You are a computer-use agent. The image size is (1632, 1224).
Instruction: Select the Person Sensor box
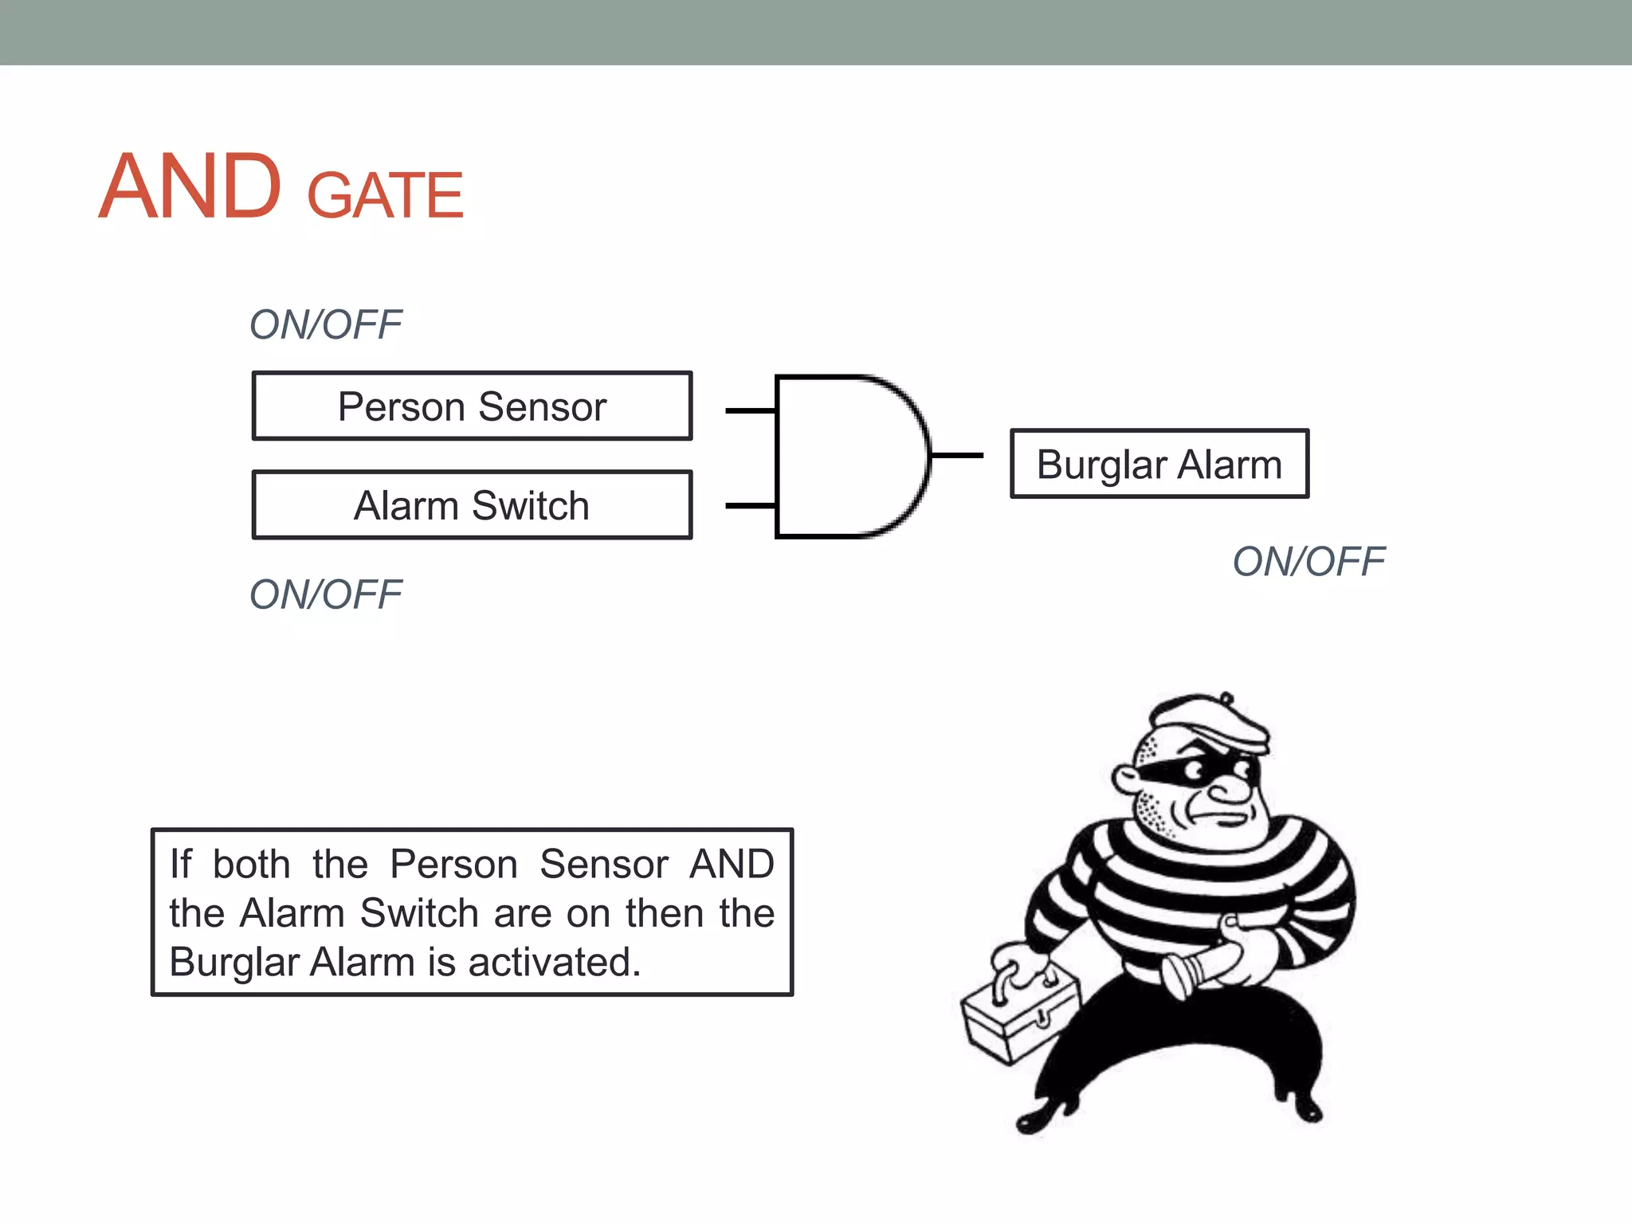click(x=472, y=406)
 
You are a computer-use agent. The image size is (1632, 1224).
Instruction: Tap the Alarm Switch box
click(x=472, y=505)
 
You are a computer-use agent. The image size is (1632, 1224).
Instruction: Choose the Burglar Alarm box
click(x=1159, y=464)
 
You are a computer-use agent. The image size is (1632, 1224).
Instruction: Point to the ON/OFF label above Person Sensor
click(x=325, y=324)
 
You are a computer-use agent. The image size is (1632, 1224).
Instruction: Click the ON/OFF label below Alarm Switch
click(x=325, y=594)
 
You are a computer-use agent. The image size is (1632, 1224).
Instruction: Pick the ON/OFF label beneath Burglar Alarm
click(x=1308, y=562)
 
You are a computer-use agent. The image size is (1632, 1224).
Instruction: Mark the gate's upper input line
click(x=750, y=411)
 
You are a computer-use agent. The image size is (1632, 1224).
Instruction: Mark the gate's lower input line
click(x=750, y=505)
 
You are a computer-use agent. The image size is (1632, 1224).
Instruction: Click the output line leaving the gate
click(x=956, y=456)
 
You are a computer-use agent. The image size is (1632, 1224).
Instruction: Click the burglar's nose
click(x=1231, y=789)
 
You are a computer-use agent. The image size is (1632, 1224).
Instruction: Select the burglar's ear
click(x=1128, y=779)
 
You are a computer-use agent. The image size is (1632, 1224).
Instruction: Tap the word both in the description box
click(x=251, y=865)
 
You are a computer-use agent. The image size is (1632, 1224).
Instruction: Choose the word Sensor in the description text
click(x=604, y=865)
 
